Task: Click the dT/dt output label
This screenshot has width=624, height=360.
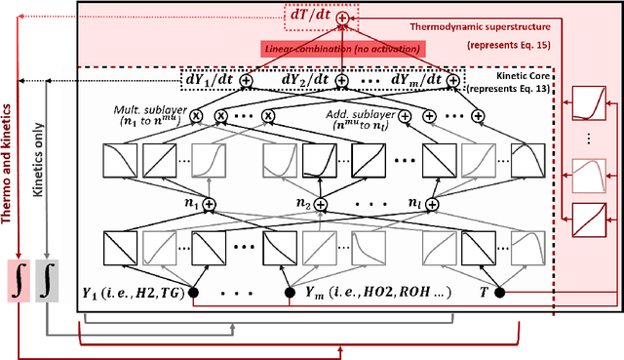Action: [310, 15]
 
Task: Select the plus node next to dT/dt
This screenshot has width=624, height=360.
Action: [342, 18]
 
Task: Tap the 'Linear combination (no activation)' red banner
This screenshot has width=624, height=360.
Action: [343, 49]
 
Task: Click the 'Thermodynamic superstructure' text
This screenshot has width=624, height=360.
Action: [481, 27]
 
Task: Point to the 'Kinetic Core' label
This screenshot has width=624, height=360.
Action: [523, 76]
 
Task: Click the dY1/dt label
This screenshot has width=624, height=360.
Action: [210, 79]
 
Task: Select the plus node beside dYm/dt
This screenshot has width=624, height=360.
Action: [452, 81]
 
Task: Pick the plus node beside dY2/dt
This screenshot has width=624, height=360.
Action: [341, 81]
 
